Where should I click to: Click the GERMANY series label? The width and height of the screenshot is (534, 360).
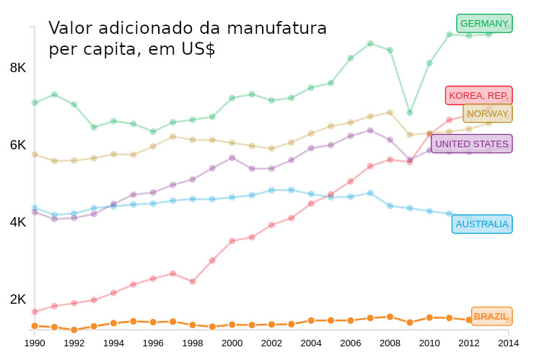pyautogui.click(x=484, y=24)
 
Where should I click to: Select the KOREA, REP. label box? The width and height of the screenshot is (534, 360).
pyautogui.click(x=478, y=95)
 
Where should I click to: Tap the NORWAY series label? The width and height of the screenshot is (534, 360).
pyautogui.click(x=488, y=113)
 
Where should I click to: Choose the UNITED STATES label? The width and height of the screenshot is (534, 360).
pyautogui.click(x=472, y=144)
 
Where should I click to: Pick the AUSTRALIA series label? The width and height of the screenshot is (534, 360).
pyautogui.click(x=482, y=224)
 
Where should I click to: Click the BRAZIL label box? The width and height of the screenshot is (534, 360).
pyautogui.click(x=491, y=317)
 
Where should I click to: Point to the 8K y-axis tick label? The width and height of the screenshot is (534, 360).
pyautogui.click(x=18, y=68)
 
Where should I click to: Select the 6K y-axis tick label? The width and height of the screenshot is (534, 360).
pyautogui.click(x=18, y=145)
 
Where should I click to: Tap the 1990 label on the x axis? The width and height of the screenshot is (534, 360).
pyautogui.click(x=35, y=343)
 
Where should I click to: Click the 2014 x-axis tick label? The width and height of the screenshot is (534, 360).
pyautogui.click(x=508, y=343)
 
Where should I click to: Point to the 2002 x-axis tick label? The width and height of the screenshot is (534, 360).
pyautogui.click(x=271, y=343)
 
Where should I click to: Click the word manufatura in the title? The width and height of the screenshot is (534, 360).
pyautogui.click(x=277, y=29)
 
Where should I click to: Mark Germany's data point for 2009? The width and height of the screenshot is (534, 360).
pyautogui.click(x=410, y=113)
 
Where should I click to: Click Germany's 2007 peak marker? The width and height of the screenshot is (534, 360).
pyautogui.click(x=370, y=44)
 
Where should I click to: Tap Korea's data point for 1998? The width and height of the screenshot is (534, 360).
pyautogui.click(x=193, y=281)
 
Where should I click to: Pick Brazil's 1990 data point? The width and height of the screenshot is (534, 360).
pyautogui.click(x=35, y=326)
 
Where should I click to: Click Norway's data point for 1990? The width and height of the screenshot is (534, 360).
pyautogui.click(x=35, y=154)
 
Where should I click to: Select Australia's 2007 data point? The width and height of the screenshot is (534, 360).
pyautogui.click(x=370, y=193)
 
